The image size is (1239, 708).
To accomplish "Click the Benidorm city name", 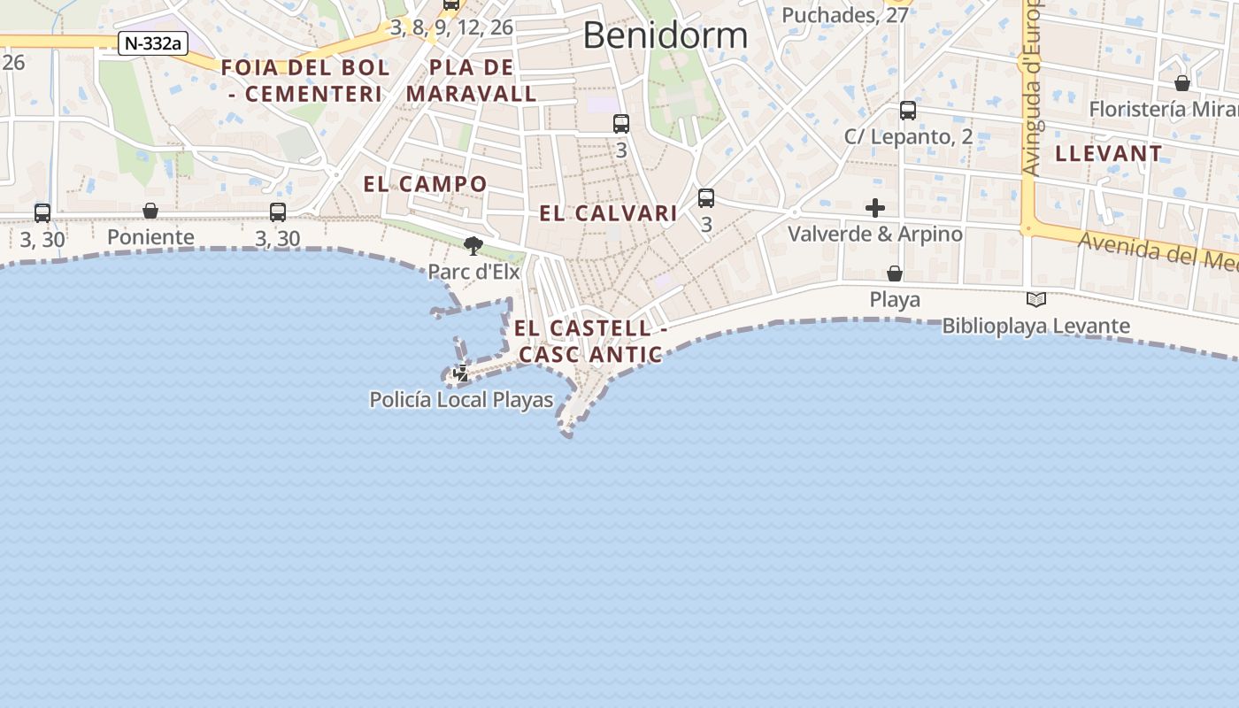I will click(x=665, y=35).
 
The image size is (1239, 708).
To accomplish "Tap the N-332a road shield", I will click(x=153, y=43).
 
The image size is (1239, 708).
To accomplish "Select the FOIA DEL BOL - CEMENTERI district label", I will click(x=305, y=81).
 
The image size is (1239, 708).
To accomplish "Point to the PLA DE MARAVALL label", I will click(x=472, y=81).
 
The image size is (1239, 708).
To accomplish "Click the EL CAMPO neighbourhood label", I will click(x=426, y=184).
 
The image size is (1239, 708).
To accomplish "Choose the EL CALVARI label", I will click(x=609, y=213).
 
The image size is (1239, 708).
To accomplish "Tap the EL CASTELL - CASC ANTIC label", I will click(x=590, y=341).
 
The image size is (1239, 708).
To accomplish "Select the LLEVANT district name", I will click(x=1109, y=153).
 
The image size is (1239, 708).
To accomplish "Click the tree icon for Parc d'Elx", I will click(x=473, y=245).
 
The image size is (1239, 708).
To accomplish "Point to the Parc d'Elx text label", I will click(x=473, y=272).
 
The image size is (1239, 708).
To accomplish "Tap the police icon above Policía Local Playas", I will click(x=461, y=373).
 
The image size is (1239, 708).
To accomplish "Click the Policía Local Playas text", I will click(x=461, y=400).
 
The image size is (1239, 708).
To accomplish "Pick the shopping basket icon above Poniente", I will click(x=150, y=211).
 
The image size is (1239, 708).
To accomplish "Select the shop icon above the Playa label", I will click(x=895, y=273).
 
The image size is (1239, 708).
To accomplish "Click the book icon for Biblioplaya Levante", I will click(x=1035, y=300).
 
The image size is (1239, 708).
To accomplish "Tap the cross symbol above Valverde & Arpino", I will click(x=875, y=208).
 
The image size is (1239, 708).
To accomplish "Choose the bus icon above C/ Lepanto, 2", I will click(x=908, y=111).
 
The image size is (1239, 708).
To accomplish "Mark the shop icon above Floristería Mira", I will click(x=1182, y=83).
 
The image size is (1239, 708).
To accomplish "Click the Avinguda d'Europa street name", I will click(x=1033, y=88).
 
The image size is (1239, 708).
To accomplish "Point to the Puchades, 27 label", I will click(x=845, y=15).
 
